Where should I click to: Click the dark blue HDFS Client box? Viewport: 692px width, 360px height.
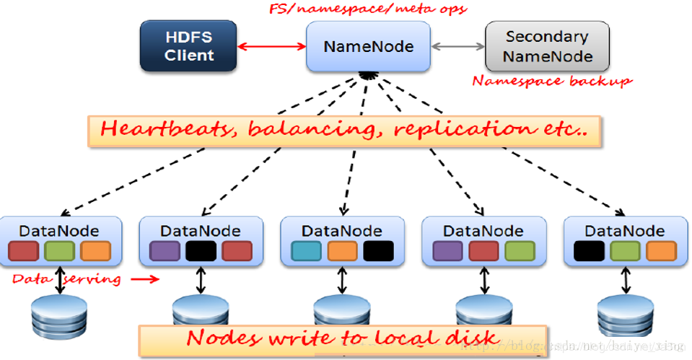click(188, 46)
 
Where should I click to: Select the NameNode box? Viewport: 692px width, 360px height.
click(368, 47)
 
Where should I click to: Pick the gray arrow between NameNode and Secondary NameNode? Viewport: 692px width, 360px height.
click(457, 47)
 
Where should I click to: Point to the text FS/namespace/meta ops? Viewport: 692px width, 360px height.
click(368, 9)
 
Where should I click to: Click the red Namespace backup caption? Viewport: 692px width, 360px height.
click(552, 81)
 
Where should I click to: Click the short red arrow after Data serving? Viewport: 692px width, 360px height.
click(144, 278)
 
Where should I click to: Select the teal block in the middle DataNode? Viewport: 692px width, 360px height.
click(305, 251)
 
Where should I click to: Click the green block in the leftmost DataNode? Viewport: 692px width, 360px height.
click(58, 251)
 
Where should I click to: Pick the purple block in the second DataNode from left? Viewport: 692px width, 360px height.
click(164, 251)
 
